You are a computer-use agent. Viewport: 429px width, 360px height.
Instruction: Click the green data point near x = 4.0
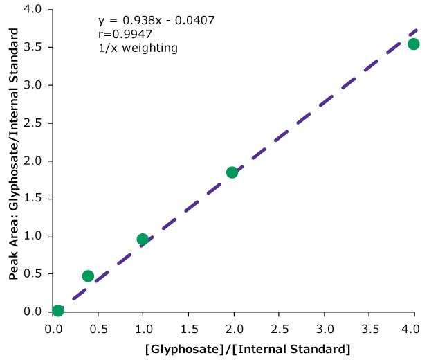point(413,44)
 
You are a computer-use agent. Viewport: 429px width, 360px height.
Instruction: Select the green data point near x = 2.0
point(232,172)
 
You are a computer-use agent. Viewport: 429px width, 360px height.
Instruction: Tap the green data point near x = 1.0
point(143,240)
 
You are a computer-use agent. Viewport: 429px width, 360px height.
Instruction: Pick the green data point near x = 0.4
point(88,276)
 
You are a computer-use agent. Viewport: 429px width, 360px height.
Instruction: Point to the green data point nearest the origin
point(57,310)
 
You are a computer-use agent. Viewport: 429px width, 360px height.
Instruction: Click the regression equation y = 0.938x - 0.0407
point(156,20)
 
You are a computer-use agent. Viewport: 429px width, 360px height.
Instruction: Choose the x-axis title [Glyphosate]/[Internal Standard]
point(248,348)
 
